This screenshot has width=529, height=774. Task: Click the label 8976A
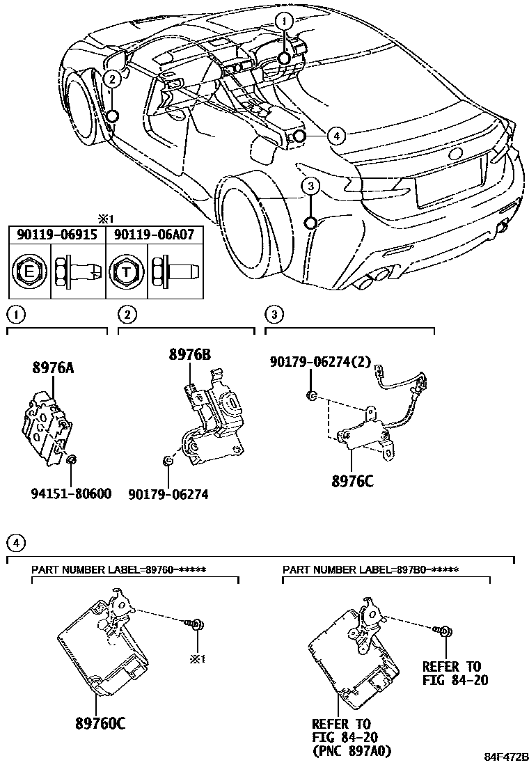tap(52, 368)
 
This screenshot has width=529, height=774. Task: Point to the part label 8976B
tap(189, 354)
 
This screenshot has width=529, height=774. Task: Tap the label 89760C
tap(100, 724)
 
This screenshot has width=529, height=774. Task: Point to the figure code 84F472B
tap(507, 757)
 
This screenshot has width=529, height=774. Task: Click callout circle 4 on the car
tap(335, 136)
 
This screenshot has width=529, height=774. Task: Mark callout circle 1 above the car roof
tap(284, 22)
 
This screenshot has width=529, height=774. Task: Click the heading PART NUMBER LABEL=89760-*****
tap(122, 569)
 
